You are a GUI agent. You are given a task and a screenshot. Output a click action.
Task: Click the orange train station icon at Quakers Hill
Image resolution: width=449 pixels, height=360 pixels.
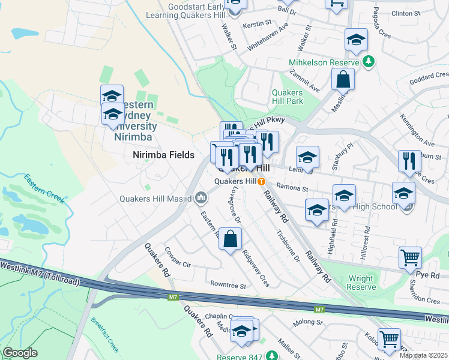tap(262, 181)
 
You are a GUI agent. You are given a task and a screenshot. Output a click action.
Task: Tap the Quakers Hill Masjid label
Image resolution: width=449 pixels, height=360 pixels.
tap(155, 199)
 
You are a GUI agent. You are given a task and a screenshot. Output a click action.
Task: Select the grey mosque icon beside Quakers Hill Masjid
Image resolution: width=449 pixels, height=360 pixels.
tap(201, 197)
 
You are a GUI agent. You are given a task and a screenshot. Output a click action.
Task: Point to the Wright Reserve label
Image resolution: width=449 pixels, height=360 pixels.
tap(361, 283)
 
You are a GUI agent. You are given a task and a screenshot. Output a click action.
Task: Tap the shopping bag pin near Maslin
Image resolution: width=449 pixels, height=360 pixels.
tap(342, 79)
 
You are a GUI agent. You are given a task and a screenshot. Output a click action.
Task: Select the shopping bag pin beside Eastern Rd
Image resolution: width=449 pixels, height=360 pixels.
tap(230, 239)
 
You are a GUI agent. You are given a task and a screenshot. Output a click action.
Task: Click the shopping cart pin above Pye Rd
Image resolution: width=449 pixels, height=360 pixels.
tap(410, 257)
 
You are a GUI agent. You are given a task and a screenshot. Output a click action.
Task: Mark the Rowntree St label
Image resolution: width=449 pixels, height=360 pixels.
tap(228, 286)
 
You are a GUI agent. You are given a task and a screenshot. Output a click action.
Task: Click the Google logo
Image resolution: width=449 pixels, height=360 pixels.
tap(20, 353)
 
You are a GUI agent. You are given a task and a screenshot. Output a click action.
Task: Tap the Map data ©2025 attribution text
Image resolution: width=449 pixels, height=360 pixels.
tap(423, 355)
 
